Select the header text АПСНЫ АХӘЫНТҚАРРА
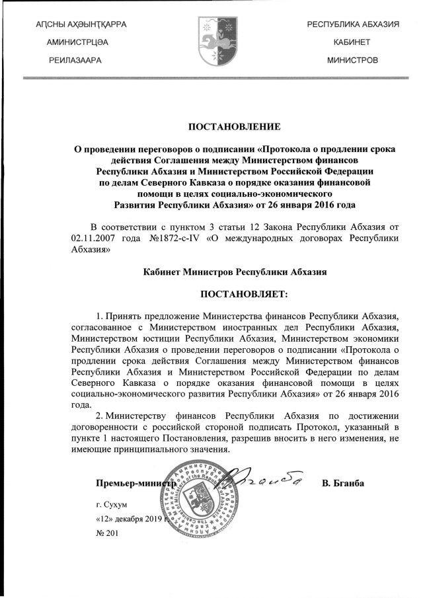81,24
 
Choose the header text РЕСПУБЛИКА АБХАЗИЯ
352,24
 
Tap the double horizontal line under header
211,79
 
